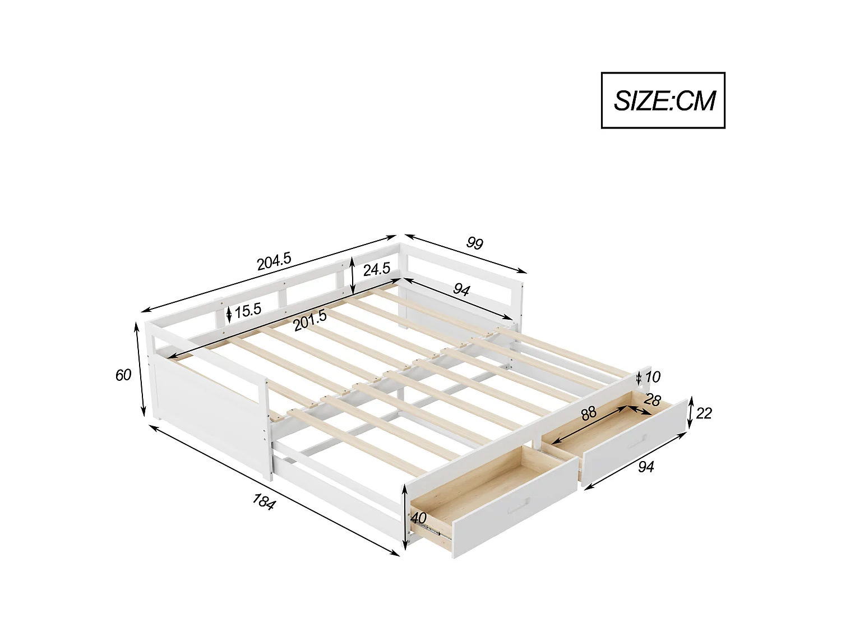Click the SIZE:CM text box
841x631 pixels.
663,100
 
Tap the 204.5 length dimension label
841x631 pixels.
274,261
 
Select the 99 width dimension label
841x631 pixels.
474,243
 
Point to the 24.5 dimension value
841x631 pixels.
376,270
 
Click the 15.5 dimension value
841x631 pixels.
248,311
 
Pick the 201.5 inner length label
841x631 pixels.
309,321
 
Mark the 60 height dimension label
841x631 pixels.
123,375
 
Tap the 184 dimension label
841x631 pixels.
264,501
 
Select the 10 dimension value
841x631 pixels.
653,377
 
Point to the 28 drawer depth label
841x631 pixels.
652,400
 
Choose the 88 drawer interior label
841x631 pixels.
588,414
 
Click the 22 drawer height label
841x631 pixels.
704,413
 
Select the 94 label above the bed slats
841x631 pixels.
461,290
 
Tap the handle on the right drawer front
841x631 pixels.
636,442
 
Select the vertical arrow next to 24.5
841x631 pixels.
352,275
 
